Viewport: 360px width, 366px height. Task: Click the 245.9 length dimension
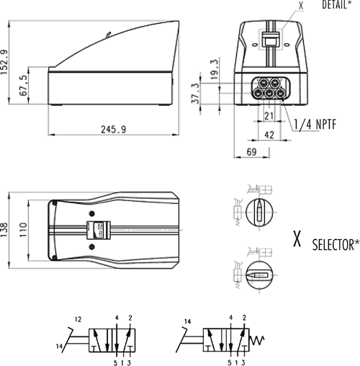(113, 130)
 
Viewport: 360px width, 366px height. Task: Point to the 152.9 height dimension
(4, 62)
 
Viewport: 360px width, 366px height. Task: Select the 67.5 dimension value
(24, 85)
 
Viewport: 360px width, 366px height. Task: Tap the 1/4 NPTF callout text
(315, 125)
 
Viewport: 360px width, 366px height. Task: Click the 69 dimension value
(251, 151)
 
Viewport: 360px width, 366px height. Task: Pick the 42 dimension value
(269, 135)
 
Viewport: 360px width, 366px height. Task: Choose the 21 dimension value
(269, 116)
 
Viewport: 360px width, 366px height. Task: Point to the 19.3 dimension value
(215, 68)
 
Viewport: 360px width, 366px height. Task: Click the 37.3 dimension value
(195, 93)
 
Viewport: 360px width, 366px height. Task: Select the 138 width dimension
(4, 230)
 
